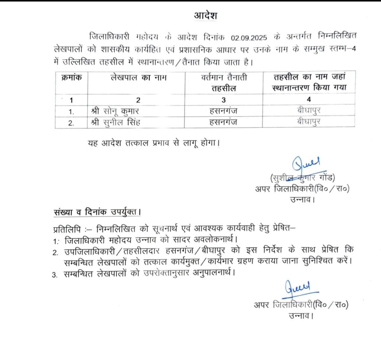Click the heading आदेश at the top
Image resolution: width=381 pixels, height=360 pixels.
pos(205,16)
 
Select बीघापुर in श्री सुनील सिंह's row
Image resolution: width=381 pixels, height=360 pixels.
pos(309,122)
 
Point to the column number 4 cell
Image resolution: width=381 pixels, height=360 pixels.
pos(309,100)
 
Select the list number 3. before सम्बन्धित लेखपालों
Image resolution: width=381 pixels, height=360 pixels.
pos(55,275)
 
